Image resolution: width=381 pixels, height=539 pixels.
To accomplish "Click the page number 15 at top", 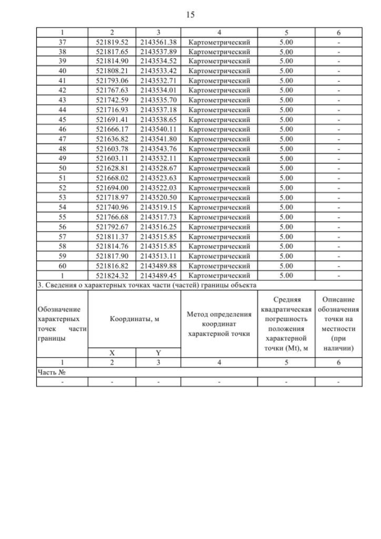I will tap(190, 14).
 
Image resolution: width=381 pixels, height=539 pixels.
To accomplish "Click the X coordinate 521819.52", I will tap(112, 43).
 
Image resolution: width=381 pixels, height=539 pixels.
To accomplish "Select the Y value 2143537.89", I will tap(158, 52).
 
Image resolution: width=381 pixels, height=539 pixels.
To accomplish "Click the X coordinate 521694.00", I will tap(112, 188).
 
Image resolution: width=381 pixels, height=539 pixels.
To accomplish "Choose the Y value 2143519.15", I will tap(158, 207).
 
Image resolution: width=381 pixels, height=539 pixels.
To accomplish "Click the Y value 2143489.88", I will tap(158, 266).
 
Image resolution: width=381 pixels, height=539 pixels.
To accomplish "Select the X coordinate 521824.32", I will tap(112, 276).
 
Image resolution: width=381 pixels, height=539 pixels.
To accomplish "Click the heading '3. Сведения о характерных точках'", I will tap(146, 285).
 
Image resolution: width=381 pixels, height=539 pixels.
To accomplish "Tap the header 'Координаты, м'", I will tap(135, 319).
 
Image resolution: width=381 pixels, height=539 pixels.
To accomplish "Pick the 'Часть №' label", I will tap(49, 372).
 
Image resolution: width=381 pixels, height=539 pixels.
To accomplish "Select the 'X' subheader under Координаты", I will tap(112, 352).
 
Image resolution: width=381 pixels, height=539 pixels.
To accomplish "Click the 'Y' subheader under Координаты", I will tap(158, 352).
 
